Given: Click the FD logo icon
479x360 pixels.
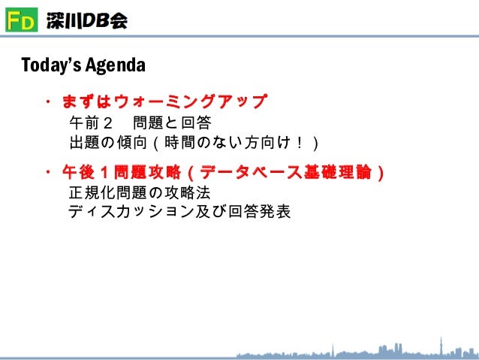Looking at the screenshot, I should [20, 20].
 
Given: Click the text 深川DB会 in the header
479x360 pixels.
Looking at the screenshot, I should [86, 21].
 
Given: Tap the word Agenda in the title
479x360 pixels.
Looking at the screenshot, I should [113, 65].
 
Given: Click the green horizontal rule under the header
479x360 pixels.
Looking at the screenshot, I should [239, 38].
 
